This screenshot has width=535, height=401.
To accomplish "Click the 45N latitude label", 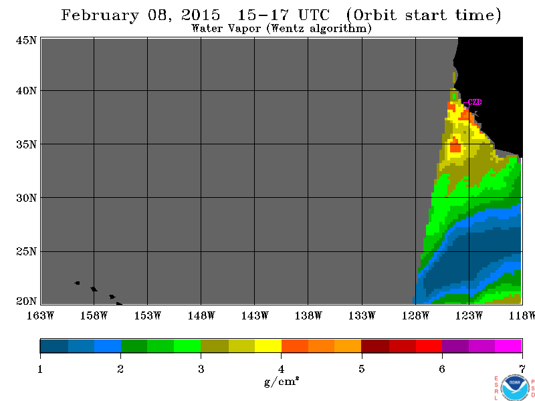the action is tap(26, 40).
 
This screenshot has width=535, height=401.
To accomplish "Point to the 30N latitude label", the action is tap(26, 198).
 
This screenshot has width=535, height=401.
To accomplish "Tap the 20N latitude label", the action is tap(26, 301).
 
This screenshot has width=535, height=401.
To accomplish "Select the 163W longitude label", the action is tap(40, 315).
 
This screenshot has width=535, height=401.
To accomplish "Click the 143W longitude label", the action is tap(255, 315).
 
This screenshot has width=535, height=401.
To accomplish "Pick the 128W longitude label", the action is tap(415, 315).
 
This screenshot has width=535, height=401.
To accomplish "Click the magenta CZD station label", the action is tap(475, 102).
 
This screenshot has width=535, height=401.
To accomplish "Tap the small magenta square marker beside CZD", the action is tap(466, 106).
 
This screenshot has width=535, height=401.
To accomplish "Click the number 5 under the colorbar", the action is tap(361, 369).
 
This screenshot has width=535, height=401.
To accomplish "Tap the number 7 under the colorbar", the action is tap(522, 369).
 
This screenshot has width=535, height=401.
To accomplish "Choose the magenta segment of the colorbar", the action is tap(508, 346).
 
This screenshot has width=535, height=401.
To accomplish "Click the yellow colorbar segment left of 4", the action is tap(268, 346).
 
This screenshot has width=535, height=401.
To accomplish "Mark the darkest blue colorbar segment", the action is tap(54, 346).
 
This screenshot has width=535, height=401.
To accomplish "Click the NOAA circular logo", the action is tap(515, 388).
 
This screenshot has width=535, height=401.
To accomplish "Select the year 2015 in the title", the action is tap(201, 15).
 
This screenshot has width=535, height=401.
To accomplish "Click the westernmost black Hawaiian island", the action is tap(78, 283).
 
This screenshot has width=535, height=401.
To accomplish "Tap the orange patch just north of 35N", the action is tap(455, 146).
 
